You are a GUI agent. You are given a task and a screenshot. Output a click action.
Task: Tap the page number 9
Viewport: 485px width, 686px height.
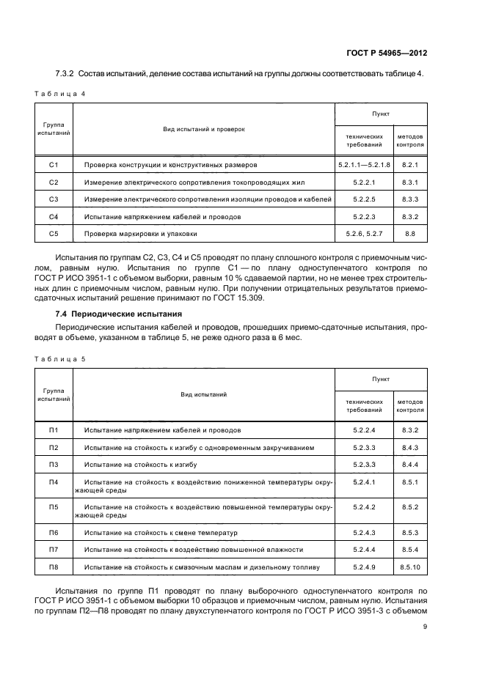[x=425, y=626]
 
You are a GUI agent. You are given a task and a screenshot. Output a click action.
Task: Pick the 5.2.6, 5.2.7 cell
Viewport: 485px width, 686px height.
[x=364, y=234]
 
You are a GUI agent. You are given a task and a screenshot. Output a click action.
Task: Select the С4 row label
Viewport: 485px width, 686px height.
[x=53, y=217]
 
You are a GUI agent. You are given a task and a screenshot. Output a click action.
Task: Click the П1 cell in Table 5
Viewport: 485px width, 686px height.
[x=53, y=429]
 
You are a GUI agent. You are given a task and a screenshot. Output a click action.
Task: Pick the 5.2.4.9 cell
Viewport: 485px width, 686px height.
[x=364, y=567]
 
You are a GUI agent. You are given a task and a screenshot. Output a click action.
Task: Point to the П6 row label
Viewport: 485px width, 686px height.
[x=53, y=532]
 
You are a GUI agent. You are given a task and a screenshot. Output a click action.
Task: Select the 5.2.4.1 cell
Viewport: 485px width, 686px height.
[x=364, y=482]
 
